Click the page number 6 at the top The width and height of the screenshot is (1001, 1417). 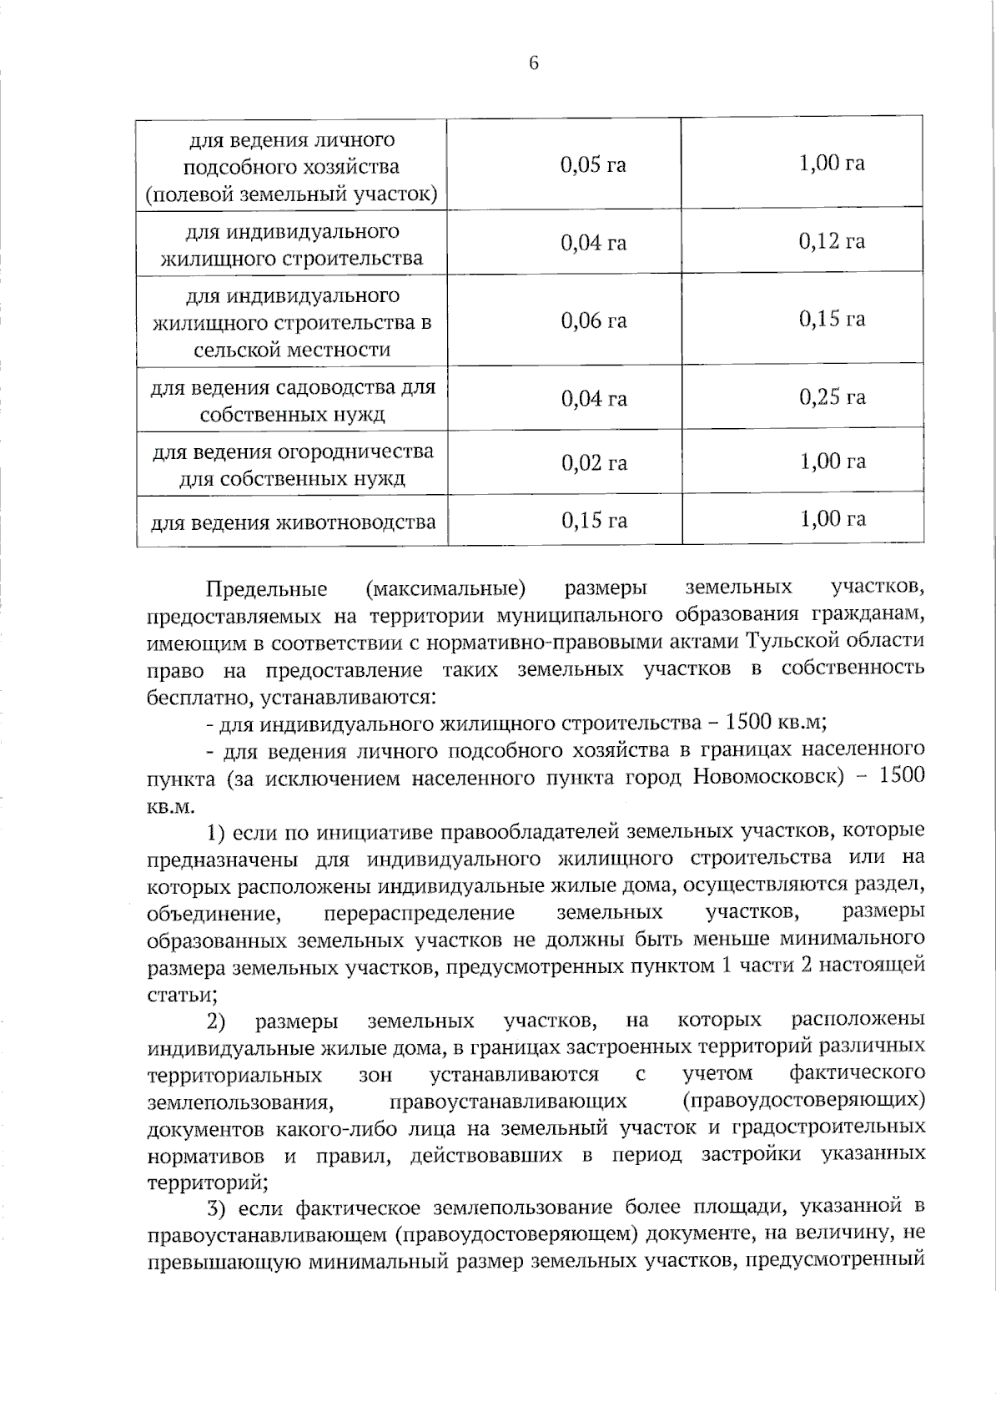click(x=534, y=63)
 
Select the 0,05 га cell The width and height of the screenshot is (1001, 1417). click(x=593, y=164)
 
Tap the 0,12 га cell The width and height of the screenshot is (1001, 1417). click(x=832, y=242)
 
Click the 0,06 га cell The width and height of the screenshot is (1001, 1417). click(x=593, y=321)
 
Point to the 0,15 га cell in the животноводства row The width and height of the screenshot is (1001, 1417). click(x=593, y=522)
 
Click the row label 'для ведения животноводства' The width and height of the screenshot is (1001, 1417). click(x=293, y=523)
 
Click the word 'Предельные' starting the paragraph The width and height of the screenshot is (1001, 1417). click(x=266, y=589)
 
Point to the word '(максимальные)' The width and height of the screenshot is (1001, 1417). click(x=445, y=589)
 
